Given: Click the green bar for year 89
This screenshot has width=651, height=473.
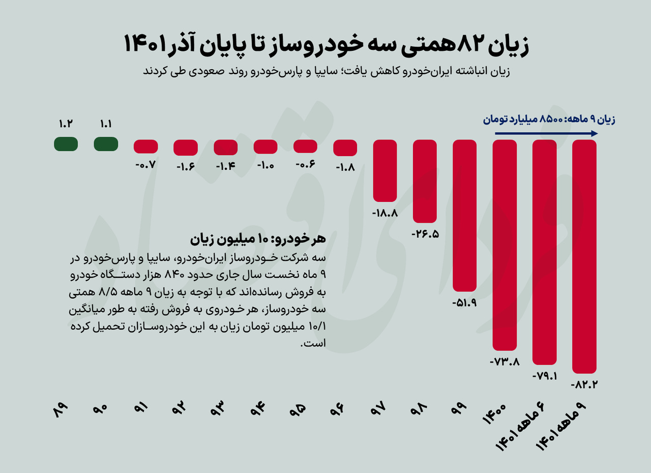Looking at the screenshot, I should (66, 144).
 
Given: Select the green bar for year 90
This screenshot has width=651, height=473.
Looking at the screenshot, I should (106, 144).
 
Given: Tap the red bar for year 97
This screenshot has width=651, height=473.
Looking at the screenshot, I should (385, 171).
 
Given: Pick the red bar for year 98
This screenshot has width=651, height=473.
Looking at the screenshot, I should (425, 181).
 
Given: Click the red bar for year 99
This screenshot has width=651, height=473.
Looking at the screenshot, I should (465, 216).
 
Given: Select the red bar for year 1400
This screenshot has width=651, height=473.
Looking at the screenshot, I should (505, 245).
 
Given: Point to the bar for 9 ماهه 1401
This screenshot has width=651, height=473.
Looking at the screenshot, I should (584, 256).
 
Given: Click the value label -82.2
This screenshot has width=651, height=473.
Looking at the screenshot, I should (584, 385).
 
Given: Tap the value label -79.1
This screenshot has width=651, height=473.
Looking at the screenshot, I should (544, 376).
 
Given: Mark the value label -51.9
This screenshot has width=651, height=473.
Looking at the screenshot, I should (464, 303).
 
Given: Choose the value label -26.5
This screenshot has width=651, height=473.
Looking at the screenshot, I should (425, 234).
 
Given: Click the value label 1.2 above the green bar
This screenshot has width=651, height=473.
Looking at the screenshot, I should (66, 124).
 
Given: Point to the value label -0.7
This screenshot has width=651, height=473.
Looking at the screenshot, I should (145, 165).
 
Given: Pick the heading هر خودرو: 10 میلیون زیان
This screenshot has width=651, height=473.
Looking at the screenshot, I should (257, 239).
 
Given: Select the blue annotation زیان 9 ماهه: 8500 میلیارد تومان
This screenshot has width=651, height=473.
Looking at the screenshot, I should (549, 120).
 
